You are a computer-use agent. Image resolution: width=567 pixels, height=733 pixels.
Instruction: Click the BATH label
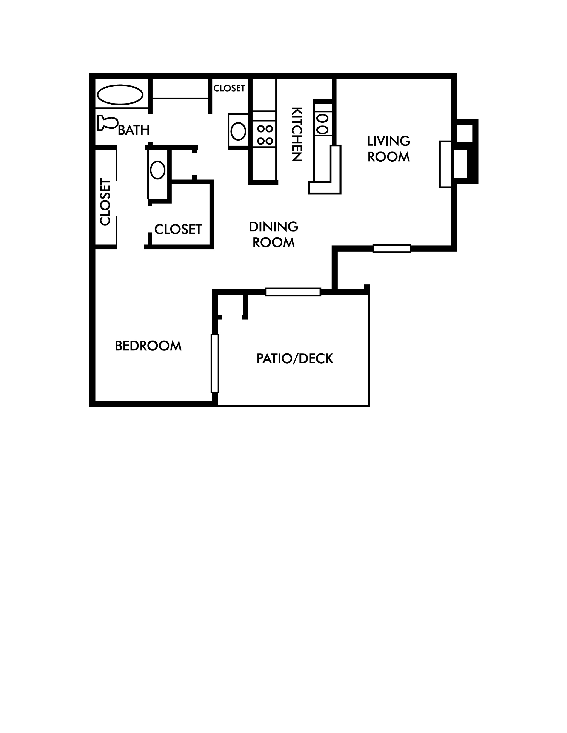click(134, 130)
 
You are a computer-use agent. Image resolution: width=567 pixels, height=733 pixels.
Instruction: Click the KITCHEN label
click(297, 134)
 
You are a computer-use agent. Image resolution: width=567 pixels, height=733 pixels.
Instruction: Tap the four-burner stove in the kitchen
click(265, 134)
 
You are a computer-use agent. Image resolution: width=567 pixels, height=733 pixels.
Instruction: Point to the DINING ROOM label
click(273, 235)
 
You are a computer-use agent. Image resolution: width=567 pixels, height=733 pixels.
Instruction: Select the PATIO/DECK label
click(295, 359)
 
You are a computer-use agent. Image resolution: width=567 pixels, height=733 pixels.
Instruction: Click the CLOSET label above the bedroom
click(178, 229)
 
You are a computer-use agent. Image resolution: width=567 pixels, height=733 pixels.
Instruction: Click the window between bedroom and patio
click(215, 363)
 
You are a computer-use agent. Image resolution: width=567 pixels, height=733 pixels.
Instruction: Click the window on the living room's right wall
click(445, 164)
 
